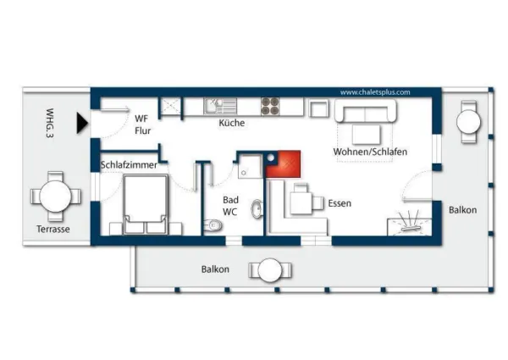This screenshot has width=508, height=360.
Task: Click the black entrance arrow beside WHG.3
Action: coord(81,124)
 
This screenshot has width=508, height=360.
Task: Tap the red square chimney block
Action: coord(284,163)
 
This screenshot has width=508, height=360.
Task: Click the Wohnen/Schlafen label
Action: coord(371,152)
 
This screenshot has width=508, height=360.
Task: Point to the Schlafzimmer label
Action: coord(129,165)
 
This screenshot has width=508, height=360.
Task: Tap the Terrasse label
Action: coord(52,230)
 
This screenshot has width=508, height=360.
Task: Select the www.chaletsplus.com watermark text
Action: coord(374,92)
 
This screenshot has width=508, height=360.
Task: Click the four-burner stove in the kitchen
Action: coord(270,107)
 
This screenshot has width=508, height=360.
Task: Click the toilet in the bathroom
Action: coord(213,224)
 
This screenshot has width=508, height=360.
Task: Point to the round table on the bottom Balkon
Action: coord(269,271)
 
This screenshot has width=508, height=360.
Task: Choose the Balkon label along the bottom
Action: coord(214,269)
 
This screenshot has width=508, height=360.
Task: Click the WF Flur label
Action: coord(143,125)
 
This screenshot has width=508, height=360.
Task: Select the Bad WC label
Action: coord(230,206)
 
